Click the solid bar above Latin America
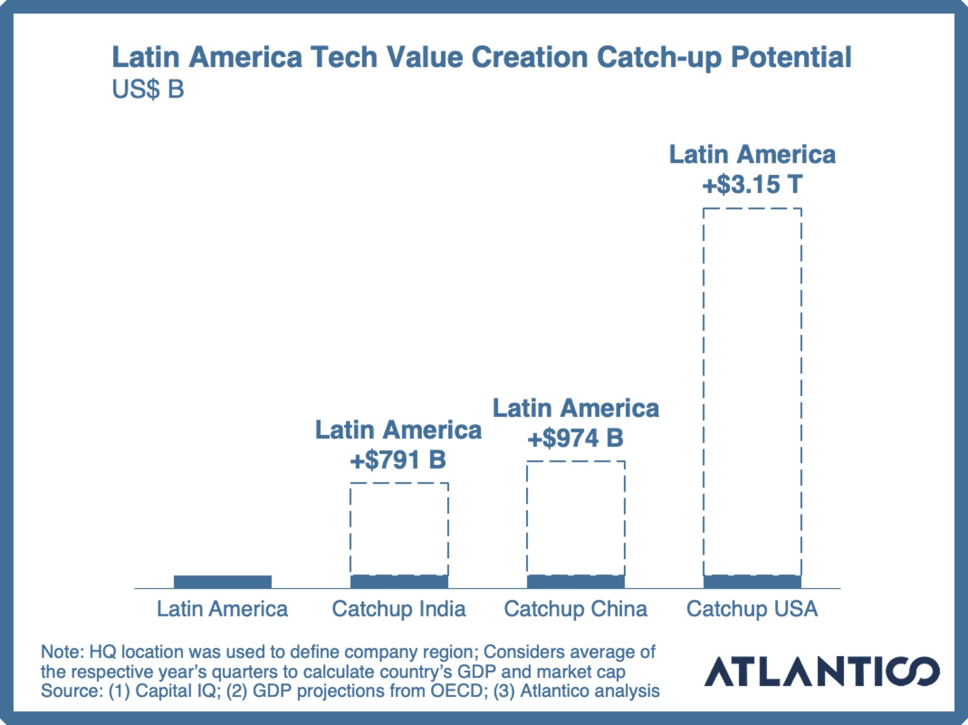[x=223, y=581]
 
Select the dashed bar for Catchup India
[x=399, y=529]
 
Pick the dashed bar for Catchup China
[x=576, y=518]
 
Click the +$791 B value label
[x=398, y=460]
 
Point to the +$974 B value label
[x=575, y=438]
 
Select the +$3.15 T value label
[x=752, y=185]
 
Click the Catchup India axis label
[x=399, y=609]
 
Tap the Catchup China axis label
[x=575, y=609]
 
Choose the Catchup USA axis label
[x=752, y=609]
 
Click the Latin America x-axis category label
[x=222, y=609]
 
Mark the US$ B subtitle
[x=148, y=90]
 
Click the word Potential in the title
[x=791, y=57]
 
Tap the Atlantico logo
[x=822, y=671]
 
